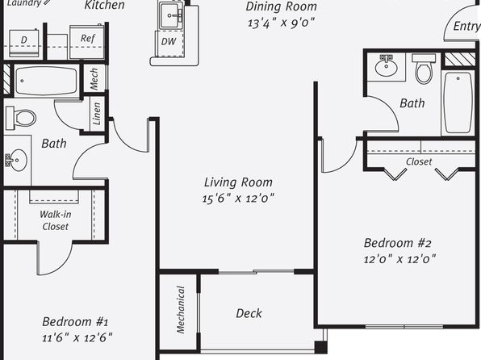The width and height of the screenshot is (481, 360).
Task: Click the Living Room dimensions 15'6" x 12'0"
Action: (238, 198)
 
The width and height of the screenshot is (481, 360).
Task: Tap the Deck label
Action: (249, 313)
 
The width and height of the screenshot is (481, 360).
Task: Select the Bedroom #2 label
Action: (398, 243)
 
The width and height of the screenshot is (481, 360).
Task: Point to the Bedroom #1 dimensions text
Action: (77, 337)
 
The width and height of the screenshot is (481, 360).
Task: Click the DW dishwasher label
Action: (169, 41)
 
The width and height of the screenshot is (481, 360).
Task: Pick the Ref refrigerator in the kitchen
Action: (87, 42)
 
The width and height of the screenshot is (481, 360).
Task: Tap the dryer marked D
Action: (24, 43)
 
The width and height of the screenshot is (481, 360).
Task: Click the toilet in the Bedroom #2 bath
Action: (424, 69)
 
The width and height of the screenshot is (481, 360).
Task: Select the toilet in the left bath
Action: (20, 118)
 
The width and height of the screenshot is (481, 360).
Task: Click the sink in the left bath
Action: (17, 160)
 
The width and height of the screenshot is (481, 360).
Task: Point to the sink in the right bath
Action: (387, 65)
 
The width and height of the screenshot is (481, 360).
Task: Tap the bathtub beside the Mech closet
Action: (46, 81)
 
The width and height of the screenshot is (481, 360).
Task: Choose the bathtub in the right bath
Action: (458, 103)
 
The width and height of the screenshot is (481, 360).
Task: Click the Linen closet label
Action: (97, 113)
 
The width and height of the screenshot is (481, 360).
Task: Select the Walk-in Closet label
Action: (55, 220)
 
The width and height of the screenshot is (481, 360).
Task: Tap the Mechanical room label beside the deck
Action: (181, 309)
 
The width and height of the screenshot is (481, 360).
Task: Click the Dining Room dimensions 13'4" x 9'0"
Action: (281, 23)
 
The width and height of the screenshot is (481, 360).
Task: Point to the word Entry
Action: (466, 26)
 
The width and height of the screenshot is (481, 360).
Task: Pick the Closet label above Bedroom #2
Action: (419, 161)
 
